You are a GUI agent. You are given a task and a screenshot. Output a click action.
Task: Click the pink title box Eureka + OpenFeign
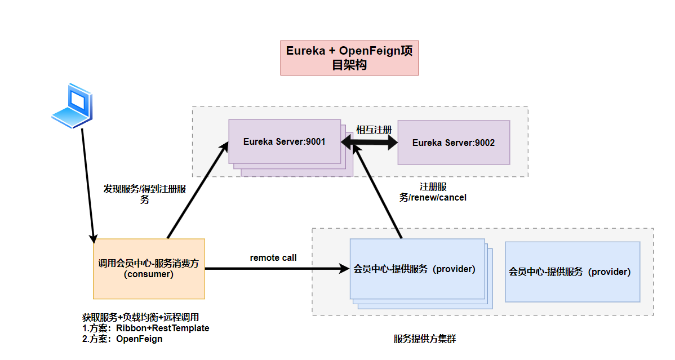click(349, 57)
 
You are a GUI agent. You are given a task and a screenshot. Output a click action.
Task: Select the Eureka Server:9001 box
click(285, 142)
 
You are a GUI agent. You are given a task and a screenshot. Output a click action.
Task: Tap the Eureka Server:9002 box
click(454, 143)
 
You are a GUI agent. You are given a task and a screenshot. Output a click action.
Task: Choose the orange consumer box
click(149, 269)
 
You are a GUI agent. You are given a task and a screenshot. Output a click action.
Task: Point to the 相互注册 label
click(374, 130)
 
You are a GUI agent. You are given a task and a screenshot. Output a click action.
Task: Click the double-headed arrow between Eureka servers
click(369, 143)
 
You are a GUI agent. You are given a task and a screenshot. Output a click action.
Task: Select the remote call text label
click(273, 257)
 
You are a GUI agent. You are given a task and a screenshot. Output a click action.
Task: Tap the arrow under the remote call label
click(276, 269)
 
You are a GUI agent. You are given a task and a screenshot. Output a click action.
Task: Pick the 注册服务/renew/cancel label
click(433, 192)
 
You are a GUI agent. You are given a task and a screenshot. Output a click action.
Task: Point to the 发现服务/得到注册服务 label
click(144, 194)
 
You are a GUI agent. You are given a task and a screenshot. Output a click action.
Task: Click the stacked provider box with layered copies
click(417, 269)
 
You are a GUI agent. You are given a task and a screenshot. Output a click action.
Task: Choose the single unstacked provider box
click(572, 272)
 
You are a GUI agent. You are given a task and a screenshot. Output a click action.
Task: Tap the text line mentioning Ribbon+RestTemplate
click(145, 328)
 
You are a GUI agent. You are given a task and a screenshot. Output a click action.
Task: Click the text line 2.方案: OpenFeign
click(122, 339)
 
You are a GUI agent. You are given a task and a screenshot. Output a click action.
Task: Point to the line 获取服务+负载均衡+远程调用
click(140, 317)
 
